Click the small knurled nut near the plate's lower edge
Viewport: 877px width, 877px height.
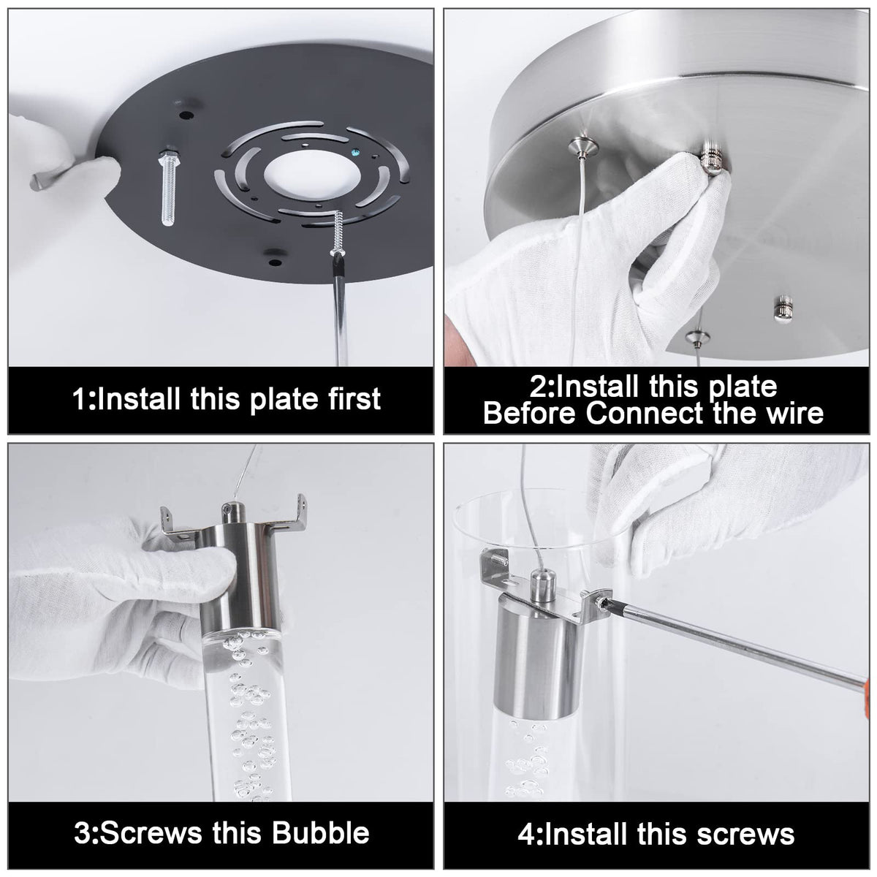pyautogui.click(x=783, y=309)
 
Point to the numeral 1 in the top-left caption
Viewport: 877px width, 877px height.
pyautogui.click(x=79, y=399)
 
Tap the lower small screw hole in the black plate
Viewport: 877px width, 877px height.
pyautogui.click(x=275, y=262)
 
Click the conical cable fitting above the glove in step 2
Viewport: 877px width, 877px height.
pyautogui.click(x=581, y=147)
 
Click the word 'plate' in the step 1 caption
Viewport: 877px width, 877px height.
pyautogui.click(x=284, y=400)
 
